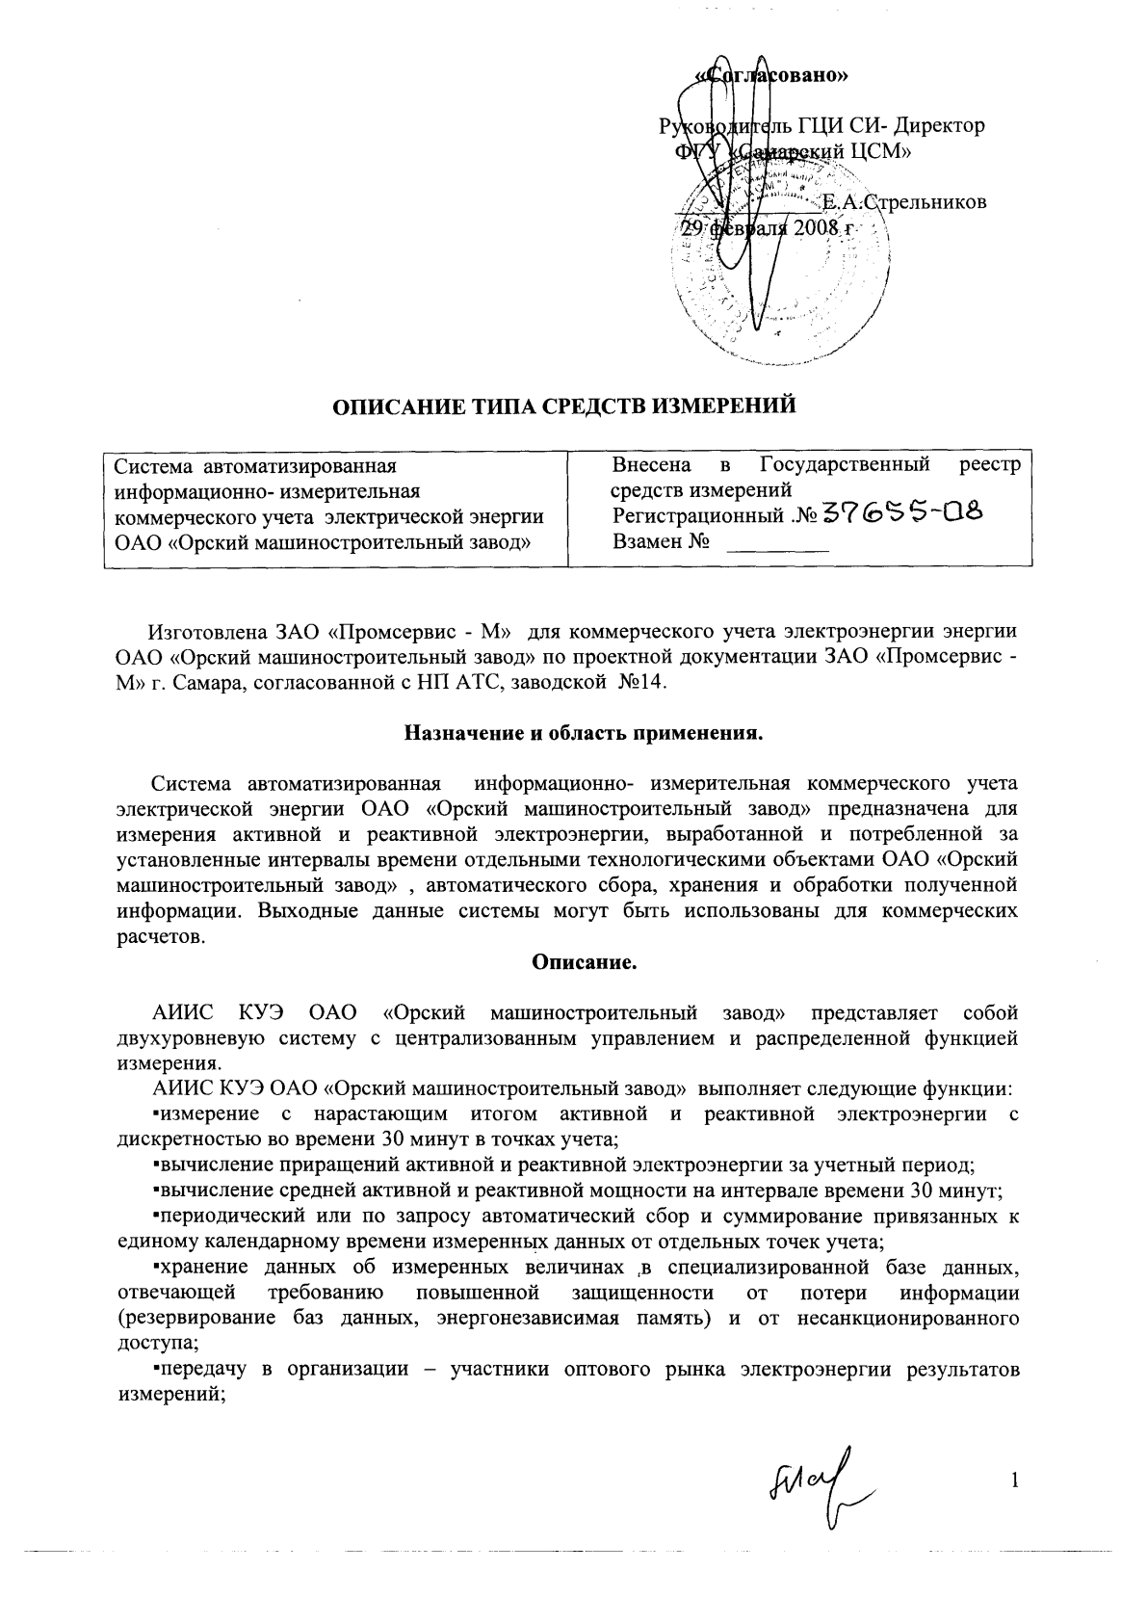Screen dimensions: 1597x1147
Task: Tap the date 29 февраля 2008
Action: click(x=761, y=228)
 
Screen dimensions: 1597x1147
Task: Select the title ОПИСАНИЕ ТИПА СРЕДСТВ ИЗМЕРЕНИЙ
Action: click(x=564, y=406)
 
